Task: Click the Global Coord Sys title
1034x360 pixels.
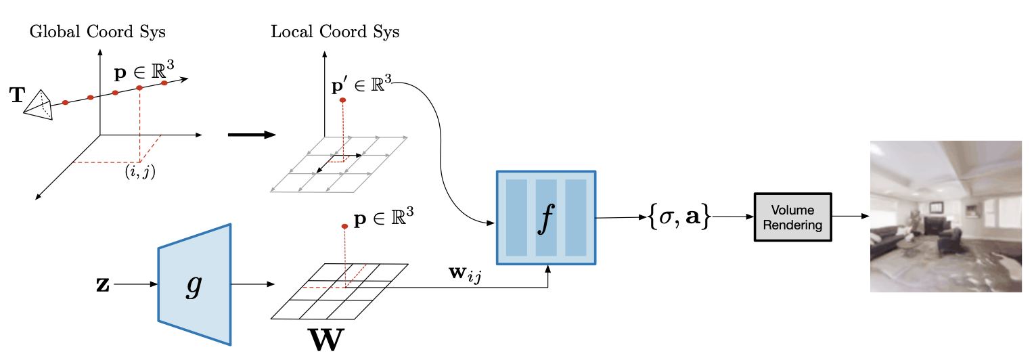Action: pyautogui.click(x=97, y=32)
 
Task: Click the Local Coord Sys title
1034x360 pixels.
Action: pyautogui.click(x=335, y=32)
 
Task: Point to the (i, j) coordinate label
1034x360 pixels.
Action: pyautogui.click(x=140, y=172)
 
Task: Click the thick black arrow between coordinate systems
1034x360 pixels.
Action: pyautogui.click(x=251, y=135)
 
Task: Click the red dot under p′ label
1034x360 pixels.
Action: pyautogui.click(x=342, y=100)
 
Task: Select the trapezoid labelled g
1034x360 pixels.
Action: pyautogui.click(x=194, y=284)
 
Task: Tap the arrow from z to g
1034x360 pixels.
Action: pyautogui.click(x=135, y=284)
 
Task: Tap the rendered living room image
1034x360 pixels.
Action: pyautogui.click(x=945, y=217)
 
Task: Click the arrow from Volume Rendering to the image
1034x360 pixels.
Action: pyautogui.click(x=851, y=217)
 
